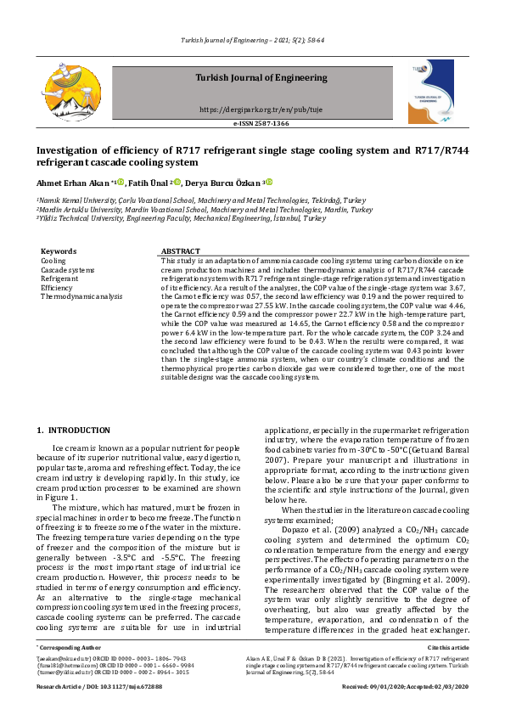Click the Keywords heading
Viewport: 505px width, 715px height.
click(x=59, y=251)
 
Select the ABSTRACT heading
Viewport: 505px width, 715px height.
click(x=180, y=251)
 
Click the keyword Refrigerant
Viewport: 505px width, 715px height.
click(x=59, y=279)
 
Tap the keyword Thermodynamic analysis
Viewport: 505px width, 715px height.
click(x=81, y=296)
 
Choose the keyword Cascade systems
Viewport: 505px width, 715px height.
click(x=68, y=270)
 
